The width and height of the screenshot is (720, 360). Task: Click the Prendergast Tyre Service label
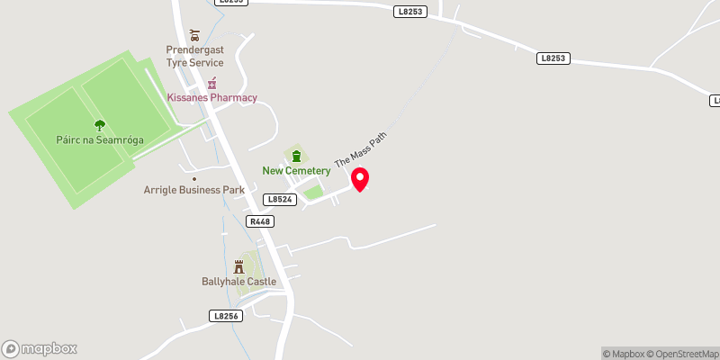tap(194, 57)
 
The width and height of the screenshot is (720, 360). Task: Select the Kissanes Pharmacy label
tap(212, 97)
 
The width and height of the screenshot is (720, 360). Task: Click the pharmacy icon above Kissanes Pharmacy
tap(212, 82)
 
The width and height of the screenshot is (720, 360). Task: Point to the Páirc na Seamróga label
tap(100, 141)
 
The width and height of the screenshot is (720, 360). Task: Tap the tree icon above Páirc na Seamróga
tap(99, 126)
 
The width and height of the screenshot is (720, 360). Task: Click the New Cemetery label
tap(295, 171)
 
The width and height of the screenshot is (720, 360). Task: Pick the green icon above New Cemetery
tap(295, 156)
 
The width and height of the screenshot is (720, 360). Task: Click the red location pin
tap(360, 179)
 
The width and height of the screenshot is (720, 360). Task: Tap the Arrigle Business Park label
tap(194, 190)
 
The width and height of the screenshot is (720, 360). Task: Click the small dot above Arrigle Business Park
tap(193, 178)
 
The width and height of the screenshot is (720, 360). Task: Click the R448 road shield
tap(261, 220)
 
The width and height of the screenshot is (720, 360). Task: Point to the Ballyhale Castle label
tap(238, 281)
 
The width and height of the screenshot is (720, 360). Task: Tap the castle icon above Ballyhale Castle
tap(238, 266)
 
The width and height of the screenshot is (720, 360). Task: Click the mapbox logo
tap(40, 348)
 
